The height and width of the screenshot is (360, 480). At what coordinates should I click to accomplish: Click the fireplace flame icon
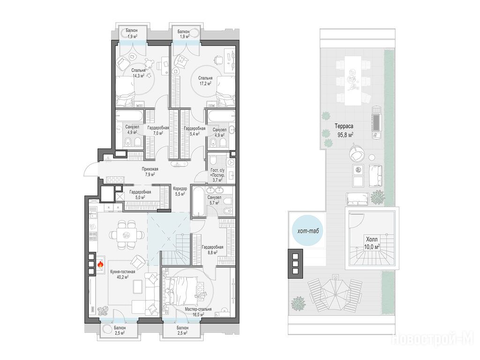point(100,264)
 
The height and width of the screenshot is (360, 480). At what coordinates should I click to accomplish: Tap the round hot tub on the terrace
point(308,231)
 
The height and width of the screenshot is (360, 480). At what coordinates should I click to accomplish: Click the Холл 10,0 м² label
point(372,243)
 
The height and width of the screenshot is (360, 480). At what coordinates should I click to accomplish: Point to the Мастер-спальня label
point(198,309)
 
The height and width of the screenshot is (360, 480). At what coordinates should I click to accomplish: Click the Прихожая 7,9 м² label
point(150,172)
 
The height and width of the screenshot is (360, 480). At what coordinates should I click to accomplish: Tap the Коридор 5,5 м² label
point(180,191)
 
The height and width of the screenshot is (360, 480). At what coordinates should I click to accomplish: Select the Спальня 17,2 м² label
point(205,81)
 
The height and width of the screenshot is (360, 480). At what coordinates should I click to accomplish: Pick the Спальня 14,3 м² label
point(139,73)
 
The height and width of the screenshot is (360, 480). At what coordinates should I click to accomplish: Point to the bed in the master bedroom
point(182,292)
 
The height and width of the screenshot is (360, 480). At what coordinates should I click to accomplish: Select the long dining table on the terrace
point(352,81)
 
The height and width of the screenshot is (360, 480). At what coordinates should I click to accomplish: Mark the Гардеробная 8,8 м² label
point(212,250)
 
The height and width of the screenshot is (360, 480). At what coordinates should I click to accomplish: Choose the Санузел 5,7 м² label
point(214,200)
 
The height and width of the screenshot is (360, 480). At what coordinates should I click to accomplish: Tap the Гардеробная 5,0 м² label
point(140,195)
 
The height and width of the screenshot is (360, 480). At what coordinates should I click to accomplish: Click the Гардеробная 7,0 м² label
point(158,130)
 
